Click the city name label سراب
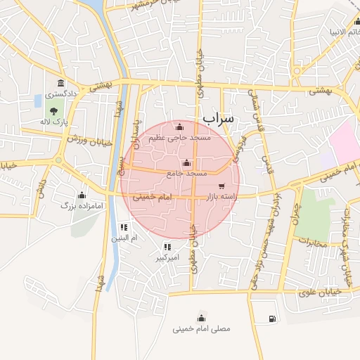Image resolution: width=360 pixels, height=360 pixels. tap(217, 119)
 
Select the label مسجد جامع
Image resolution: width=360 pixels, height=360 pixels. tap(187, 172)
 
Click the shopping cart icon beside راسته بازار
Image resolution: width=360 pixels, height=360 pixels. tap(222, 186)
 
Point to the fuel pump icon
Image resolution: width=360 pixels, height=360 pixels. tap(271, 319)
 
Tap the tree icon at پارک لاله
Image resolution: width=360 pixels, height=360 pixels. tap(54, 110)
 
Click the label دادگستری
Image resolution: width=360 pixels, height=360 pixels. tap(62, 94)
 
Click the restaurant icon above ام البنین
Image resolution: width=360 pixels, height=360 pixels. tap(124, 227)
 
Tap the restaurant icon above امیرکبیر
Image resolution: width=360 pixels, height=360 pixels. tap(167, 247)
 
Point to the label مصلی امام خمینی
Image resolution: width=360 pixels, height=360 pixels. tap(201, 328)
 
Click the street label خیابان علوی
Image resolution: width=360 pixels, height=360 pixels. tap(320, 291)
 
